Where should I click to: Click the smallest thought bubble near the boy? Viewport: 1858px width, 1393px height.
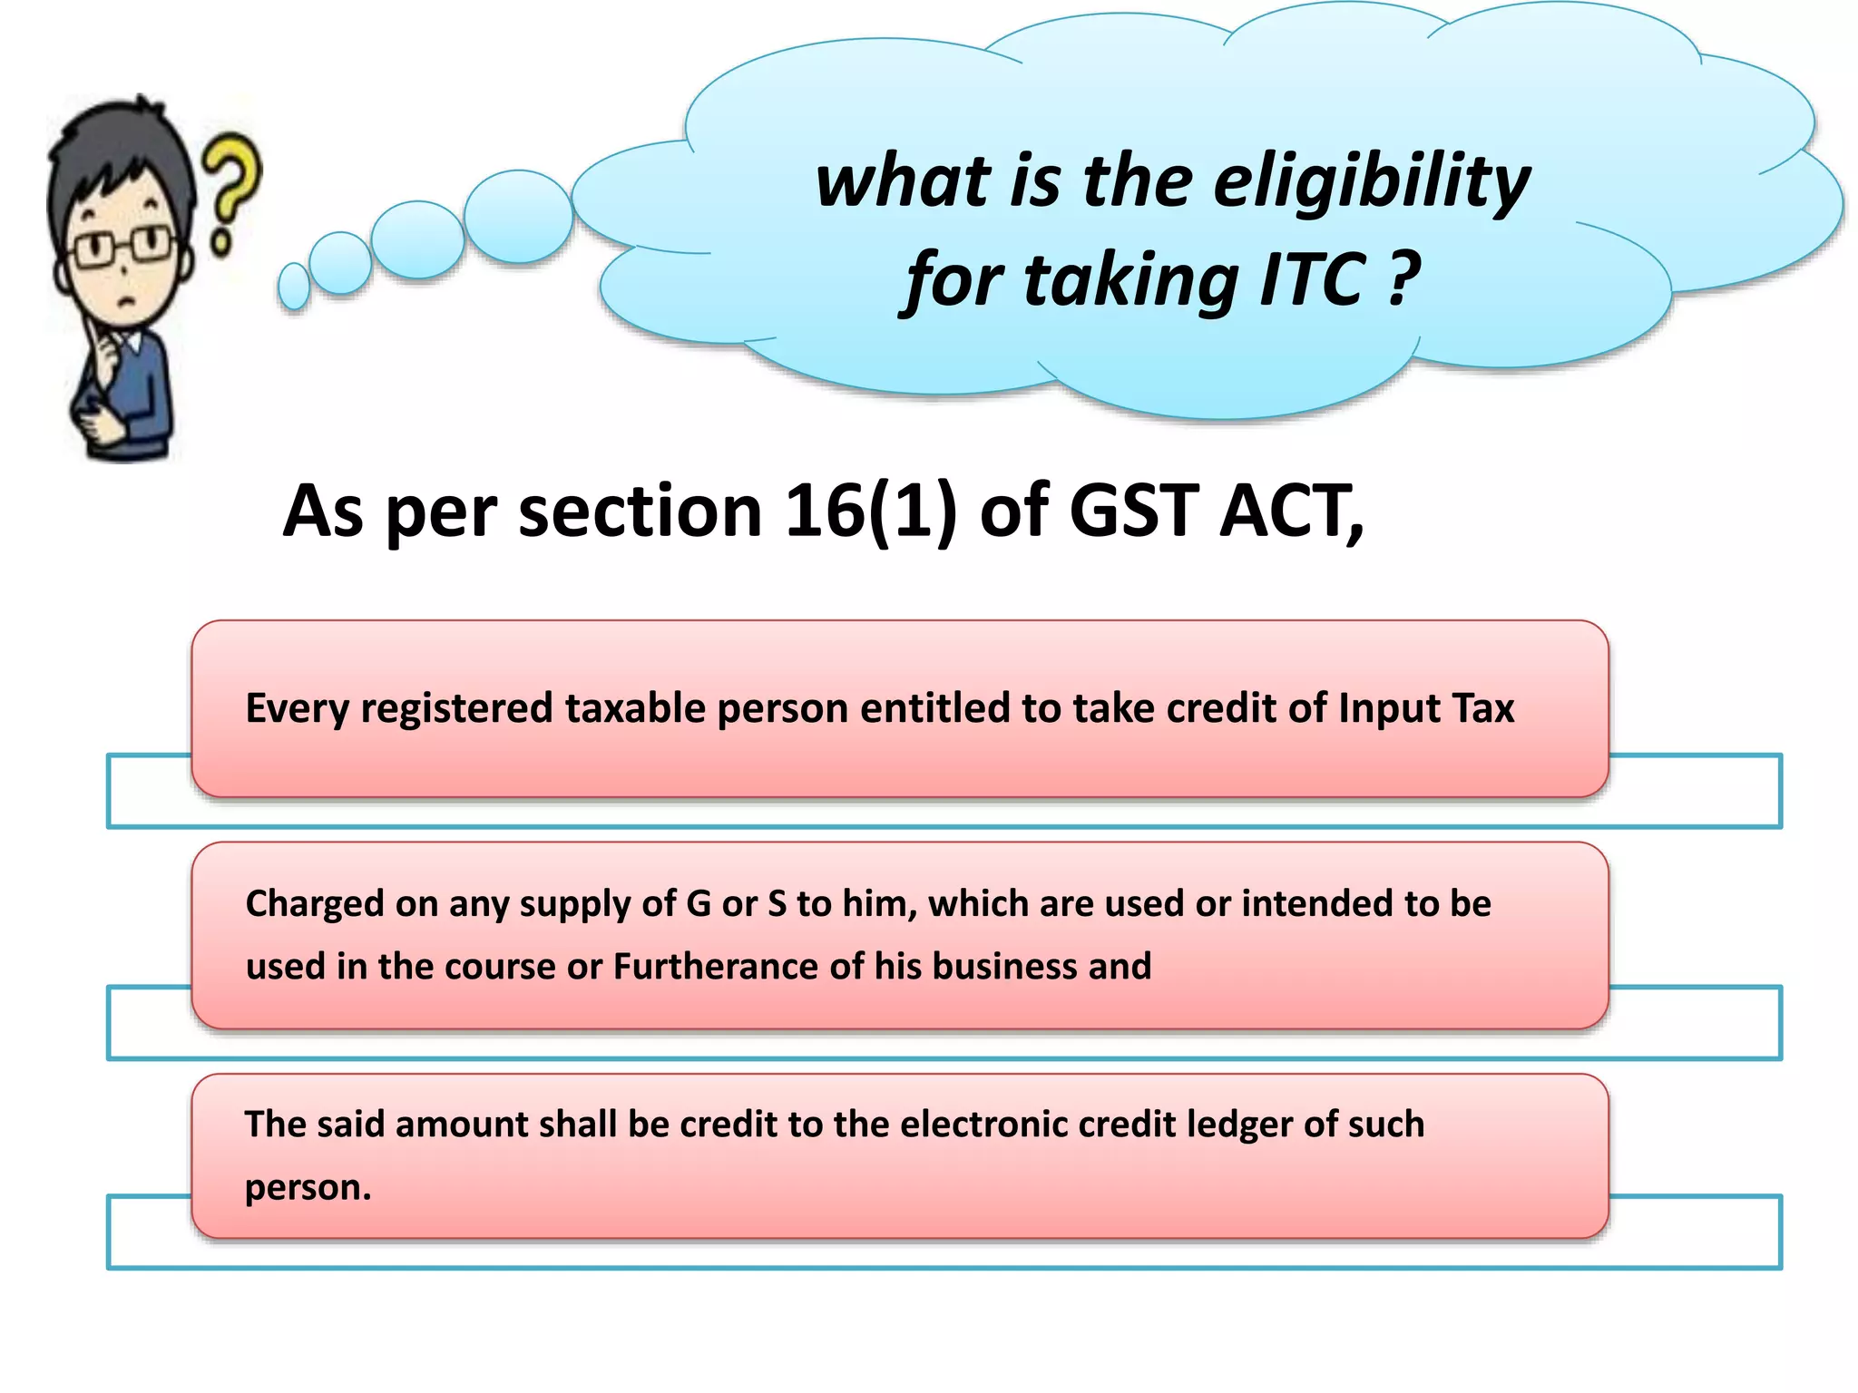294,287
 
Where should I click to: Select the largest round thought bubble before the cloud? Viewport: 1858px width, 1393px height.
518,217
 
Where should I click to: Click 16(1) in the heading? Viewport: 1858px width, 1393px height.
870,511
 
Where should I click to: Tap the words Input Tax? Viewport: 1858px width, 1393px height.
1426,708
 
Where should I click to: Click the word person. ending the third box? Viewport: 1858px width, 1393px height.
308,1188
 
